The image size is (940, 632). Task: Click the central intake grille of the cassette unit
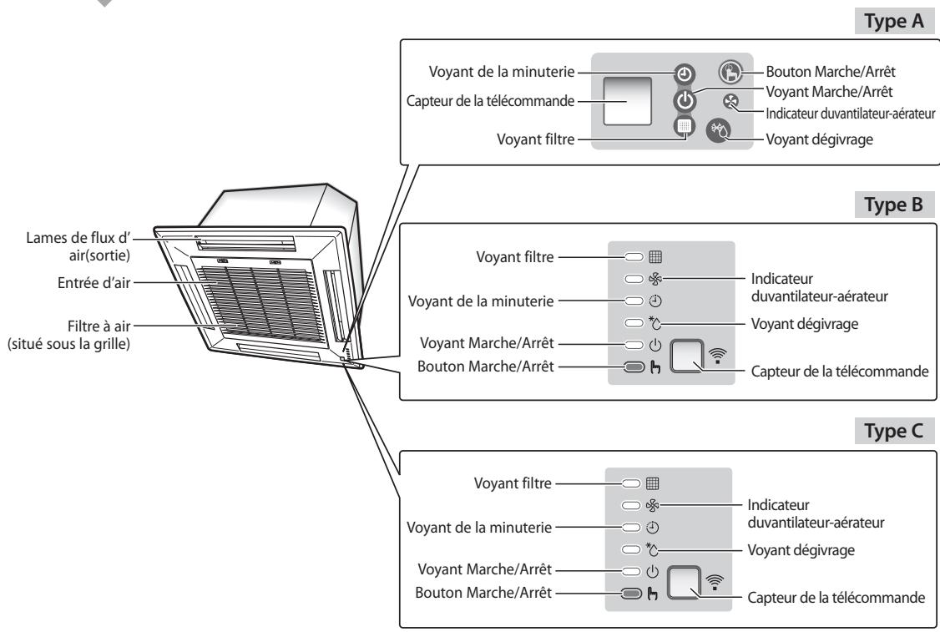coord(255,293)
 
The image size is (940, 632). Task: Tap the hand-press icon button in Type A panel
coord(729,71)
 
